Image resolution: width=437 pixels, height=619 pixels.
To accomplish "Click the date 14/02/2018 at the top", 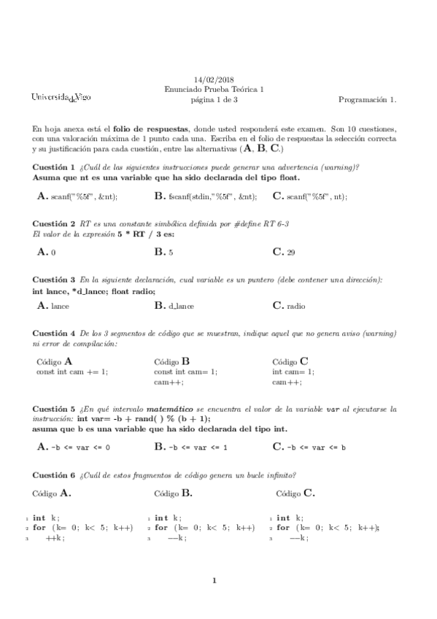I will pos(212,79).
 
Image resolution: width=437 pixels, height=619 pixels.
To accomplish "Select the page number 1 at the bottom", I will pos(214,582).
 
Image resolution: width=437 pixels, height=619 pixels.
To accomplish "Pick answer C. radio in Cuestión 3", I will pos(289,307).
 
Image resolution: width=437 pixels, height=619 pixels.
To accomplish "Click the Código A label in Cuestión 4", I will pos(55,361).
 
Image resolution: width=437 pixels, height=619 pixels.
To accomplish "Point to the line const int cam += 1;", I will pos(71,372).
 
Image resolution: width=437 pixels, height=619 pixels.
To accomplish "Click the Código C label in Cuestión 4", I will pos(290,361).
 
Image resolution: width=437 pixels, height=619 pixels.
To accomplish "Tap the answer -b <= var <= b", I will pos(309,447).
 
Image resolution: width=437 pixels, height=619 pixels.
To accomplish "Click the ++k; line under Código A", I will pos(55,537).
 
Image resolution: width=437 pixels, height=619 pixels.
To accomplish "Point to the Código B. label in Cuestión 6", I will pos(174,493).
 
